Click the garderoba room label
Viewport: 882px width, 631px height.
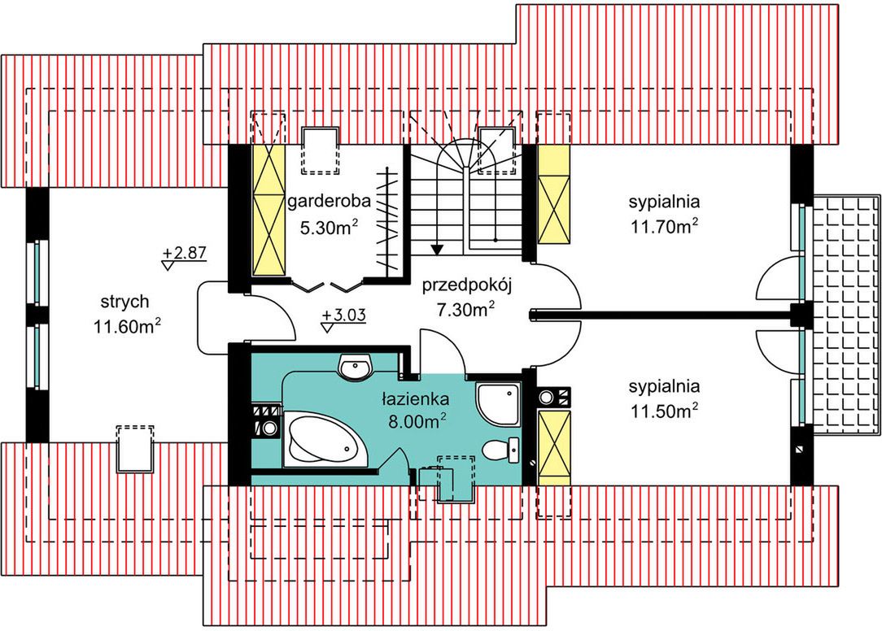[329, 202]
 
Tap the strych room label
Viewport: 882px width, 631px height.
[124, 302]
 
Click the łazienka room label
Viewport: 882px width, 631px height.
[415, 400]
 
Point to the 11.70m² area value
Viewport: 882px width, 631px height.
[664, 225]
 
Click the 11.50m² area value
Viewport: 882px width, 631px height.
[664, 411]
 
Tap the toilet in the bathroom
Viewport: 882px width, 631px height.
[501, 450]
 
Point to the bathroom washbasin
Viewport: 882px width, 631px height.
[356, 369]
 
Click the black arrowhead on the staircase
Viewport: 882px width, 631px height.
[436, 249]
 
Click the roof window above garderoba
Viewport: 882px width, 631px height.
[321, 150]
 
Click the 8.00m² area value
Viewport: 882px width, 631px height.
[417, 421]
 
